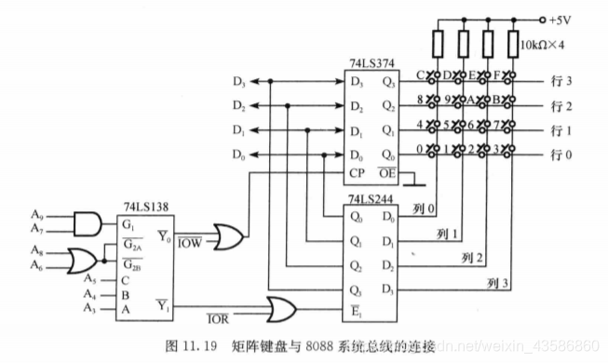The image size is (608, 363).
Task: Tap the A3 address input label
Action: pyautogui.click(x=88, y=307)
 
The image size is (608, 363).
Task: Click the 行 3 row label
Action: pyautogui.click(x=561, y=81)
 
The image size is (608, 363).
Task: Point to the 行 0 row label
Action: pyautogui.click(x=561, y=154)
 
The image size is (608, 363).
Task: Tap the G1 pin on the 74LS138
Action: pyautogui.click(x=128, y=224)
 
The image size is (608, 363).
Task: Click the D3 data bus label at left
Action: pyautogui.click(x=239, y=81)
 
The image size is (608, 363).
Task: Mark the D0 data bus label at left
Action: pyautogui.click(x=239, y=154)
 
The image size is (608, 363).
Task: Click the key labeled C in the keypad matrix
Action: pyautogui.click(x=420, y=74)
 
